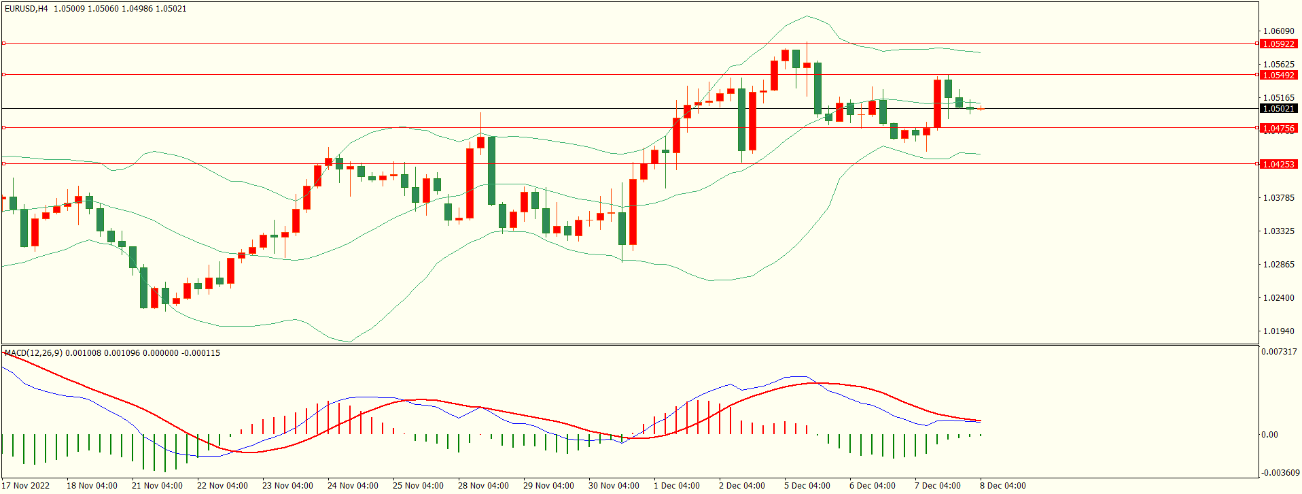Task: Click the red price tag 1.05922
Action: (1278, 44)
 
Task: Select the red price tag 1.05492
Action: (1278, 75)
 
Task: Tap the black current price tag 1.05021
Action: (1278, 108)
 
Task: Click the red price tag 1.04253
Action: (1278, 164)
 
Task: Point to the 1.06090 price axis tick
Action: (1278, 31)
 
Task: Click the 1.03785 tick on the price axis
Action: (1278, 197)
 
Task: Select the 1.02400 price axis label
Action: (1278, 297)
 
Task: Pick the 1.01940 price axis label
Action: (1278, 331)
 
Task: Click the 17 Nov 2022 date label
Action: (26, 485)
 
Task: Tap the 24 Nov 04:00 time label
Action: (353, 485)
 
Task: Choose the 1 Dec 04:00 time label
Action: (676, 485)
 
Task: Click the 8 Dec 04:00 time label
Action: (1002, 485)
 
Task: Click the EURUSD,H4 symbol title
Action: (27, 9)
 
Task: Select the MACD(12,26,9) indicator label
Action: (33, 352)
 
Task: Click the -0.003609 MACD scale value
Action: (1280, 472)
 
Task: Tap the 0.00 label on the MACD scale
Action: (1269, 434)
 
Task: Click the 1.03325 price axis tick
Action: (1278, 231)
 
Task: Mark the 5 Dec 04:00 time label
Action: (807, 485)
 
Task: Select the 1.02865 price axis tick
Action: (1278, 264)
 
